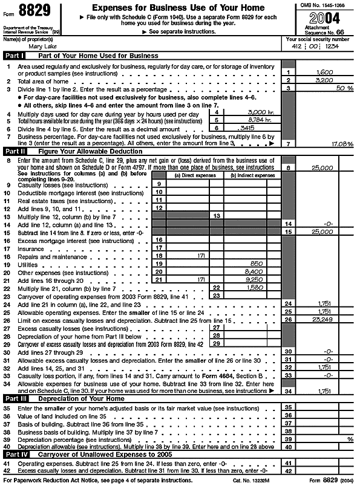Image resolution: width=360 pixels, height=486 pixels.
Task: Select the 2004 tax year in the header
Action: (x=321, y=16)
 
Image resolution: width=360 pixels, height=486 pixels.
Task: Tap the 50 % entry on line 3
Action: (x=345, y=88)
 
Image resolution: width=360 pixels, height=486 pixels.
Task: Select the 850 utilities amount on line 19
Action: (x=256, y=264)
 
